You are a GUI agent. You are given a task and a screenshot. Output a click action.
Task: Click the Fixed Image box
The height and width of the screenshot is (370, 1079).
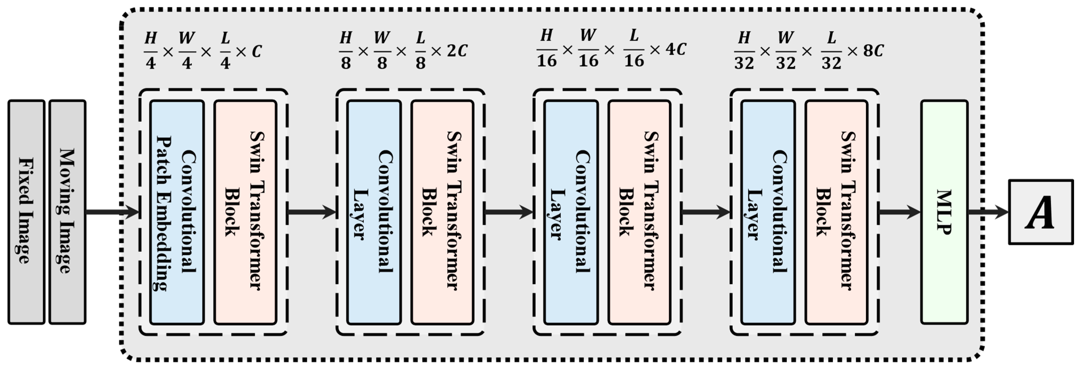click(x=26, y=212)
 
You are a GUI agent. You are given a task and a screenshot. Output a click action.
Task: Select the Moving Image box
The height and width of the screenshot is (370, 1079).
click(x=67, y=212)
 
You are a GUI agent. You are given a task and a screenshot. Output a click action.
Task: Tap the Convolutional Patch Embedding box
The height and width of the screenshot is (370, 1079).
click(x=177, y=212)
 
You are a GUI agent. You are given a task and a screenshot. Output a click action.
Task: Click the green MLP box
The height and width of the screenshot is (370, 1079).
click(x=944, y=212)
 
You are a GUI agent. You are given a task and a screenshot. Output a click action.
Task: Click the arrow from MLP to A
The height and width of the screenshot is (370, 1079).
click(x=988, y=212)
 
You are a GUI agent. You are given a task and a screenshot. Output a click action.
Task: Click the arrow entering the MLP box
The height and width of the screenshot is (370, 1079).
click(x=899, y=212)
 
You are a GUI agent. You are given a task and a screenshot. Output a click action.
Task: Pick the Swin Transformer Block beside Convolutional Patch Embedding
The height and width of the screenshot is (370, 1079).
click(x=246, y=212)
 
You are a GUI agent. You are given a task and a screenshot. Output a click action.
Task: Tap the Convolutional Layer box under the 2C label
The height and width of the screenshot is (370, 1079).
click(x=374, y=212)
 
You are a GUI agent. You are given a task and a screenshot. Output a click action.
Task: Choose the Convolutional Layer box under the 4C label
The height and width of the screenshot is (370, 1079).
click(x=571, y=212)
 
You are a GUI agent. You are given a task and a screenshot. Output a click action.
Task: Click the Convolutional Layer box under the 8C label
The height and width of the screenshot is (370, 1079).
click(x=768, y=212)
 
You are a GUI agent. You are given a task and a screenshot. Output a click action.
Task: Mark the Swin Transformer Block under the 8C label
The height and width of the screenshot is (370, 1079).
click(x=836, y=212)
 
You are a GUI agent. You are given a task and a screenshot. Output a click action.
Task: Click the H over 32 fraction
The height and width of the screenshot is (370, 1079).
click(x=744, y=50)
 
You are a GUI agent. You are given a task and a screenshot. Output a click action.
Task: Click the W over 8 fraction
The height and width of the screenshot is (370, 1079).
click(x=382, y=50)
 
